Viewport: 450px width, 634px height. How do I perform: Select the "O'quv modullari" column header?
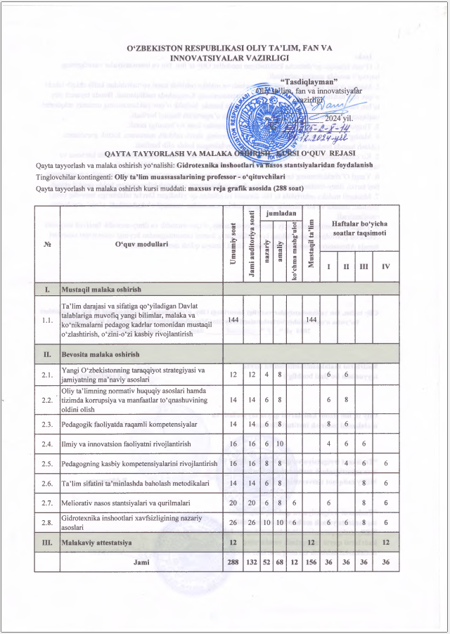tap(141, 244)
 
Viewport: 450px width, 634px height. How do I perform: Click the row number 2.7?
tap(47, 504)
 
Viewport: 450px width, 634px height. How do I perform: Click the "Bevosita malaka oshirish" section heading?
tap(102, 354)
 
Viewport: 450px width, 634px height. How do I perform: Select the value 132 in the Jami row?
tap(252, 562)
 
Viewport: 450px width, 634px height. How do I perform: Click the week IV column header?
tap(385, 267)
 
